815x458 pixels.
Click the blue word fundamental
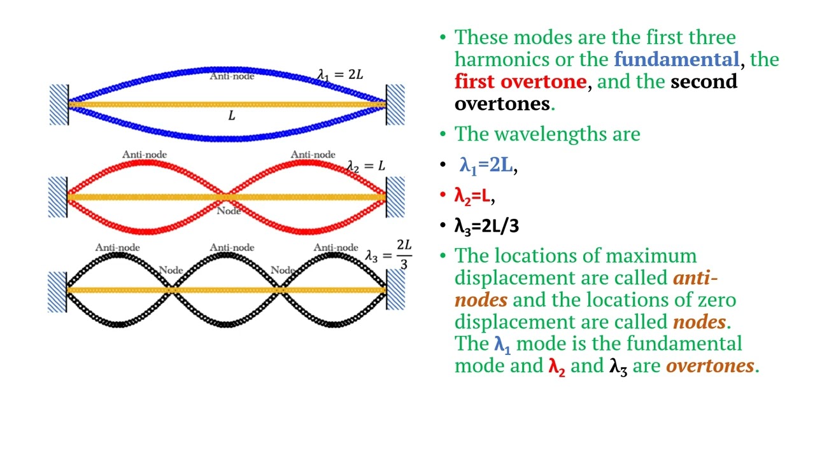click(676, 60)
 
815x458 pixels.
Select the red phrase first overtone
click(520, 82)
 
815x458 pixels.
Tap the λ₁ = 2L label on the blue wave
click(341, 74)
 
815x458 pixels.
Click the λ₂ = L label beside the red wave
click(366, 166)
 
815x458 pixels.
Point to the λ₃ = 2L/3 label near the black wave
click(388, 255)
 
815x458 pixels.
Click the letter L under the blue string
click(231, 116)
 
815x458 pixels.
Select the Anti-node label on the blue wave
click(232, 76)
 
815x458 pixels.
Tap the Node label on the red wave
click(229, 211)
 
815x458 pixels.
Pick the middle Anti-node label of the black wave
click(232, 247)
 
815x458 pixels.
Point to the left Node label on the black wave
click(171, 270)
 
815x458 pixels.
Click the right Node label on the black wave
click(282, 270)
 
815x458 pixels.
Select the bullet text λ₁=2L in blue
click(486, 166)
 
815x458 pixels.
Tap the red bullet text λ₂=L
click(472, 196)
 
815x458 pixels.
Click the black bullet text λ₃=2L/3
click(486, 226)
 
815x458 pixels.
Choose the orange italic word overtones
click(709, 366)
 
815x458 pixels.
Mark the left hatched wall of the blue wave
click(59, 104)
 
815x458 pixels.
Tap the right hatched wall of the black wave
click(395, 290)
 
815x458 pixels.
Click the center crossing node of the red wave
click(227, 197)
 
